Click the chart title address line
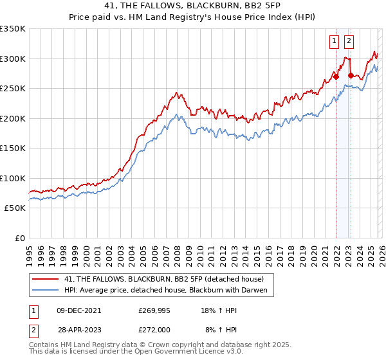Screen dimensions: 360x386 click(192, 6)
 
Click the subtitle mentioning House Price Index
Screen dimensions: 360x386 click(192, 19)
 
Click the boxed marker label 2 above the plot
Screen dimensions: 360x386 click(349, 42)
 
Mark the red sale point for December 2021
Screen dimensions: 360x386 click(336, 76)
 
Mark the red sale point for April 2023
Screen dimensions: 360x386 click(351, 76)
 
